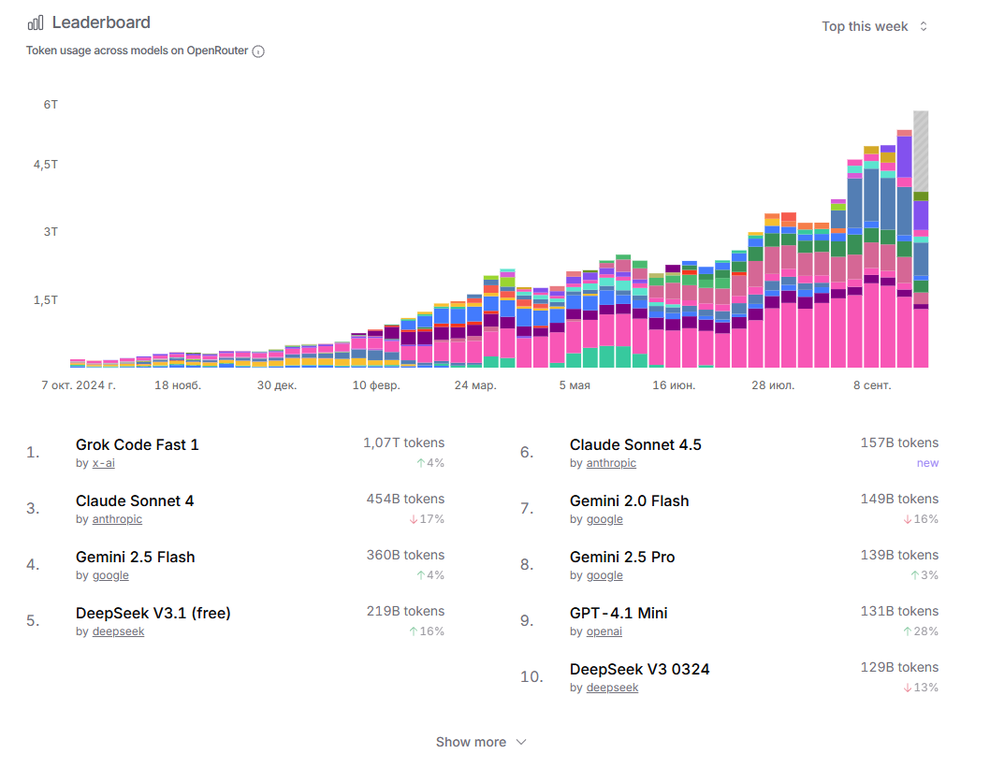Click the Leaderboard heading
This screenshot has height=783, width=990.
tap(100, 22)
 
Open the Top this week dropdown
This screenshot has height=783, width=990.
tap(874, 26)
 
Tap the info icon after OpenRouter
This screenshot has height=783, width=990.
tap(258, 51)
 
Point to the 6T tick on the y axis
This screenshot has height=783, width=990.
tap(51, 105)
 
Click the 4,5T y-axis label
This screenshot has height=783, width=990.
tap(46, 165)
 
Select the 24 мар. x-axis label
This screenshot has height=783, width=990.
tap(475, 384)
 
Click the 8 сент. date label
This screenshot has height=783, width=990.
tap(872, 384)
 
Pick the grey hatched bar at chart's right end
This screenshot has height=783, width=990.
tap(921, 150)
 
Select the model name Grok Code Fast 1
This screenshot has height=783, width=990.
tap(138, 444)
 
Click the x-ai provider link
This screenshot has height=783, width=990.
tap(103, 463)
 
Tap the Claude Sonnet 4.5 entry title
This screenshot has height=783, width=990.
tap(635, 444)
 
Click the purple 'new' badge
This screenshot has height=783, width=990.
tap(927, 463)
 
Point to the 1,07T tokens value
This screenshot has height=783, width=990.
tap(403, 442)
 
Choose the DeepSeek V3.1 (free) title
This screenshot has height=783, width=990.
tap(153, 613)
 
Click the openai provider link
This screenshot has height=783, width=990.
tap(604, 631)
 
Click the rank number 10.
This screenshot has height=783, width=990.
tap(531, 676)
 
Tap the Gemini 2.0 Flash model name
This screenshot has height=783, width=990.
tap(629, 500)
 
